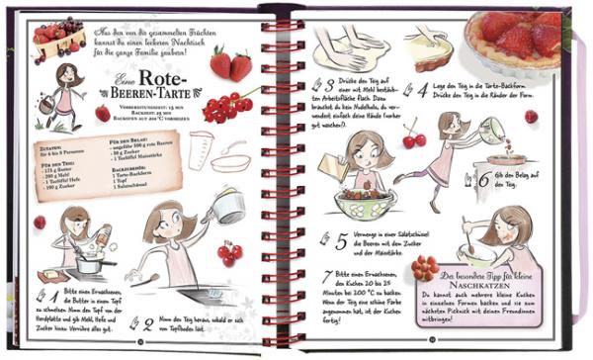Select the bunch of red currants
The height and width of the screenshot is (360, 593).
(228, 107)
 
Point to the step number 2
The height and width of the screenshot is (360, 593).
(146, 320)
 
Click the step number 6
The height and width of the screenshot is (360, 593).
(484, 180)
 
